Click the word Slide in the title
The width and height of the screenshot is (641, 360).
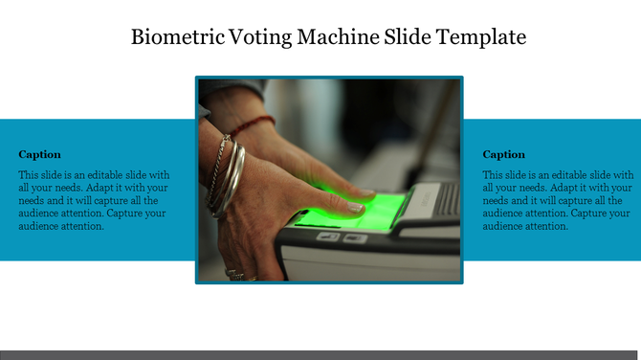pos(407,38)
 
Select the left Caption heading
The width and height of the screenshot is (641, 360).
pos(39,154)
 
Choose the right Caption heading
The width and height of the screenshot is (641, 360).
pos(503,154)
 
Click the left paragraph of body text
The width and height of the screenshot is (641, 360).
pos(94,201)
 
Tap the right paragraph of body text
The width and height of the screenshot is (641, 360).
pos(558,201)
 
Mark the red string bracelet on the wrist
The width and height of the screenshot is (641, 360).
pos(251,125)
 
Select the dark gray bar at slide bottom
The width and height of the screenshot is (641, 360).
pos(320,354)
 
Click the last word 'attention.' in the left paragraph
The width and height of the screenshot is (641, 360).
pos(81,226)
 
